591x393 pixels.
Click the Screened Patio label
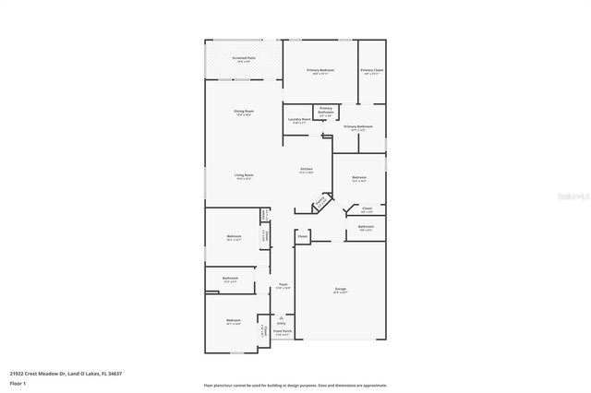244,58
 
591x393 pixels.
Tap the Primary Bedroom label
320,71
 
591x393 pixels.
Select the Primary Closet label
372,71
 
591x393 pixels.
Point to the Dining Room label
244,113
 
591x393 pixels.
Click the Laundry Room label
298,119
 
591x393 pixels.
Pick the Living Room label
244,175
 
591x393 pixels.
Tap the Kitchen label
307,170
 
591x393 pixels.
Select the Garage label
341,290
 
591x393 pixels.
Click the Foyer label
283,285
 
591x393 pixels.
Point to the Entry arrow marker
282,318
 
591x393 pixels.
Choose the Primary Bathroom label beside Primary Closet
358,127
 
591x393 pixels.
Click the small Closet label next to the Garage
302,237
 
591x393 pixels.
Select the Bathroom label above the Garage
366,227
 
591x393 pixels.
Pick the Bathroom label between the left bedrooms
230,279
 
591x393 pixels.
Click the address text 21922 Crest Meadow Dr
65,373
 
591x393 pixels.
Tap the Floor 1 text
17,382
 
